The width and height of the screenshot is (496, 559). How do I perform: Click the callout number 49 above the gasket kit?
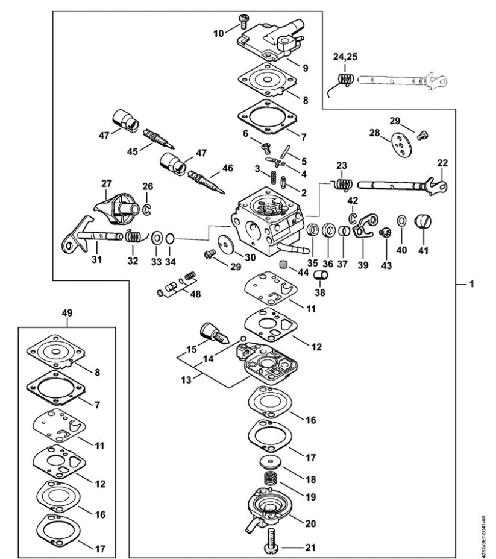67,313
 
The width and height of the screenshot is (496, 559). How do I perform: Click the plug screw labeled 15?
211,330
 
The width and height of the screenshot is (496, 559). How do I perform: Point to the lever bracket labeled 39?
363,229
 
